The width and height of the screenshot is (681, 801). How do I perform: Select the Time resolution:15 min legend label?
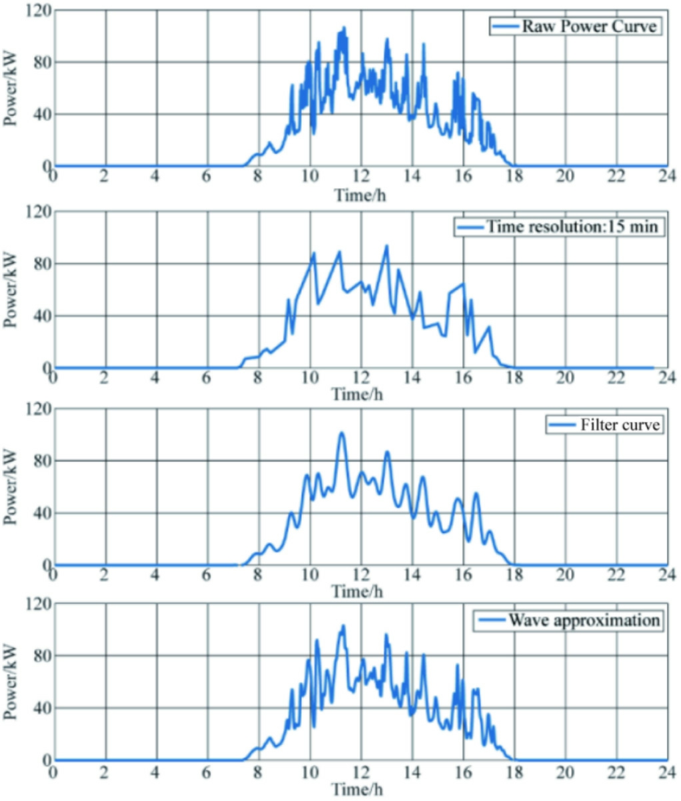pos(572,227)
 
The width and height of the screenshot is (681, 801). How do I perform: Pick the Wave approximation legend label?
pos(584,621)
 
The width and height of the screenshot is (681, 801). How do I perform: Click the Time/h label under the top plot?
pos(360,193)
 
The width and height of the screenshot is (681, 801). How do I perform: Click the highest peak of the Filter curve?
pos(341,433)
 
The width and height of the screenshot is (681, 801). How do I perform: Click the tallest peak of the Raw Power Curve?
pos(344,27)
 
